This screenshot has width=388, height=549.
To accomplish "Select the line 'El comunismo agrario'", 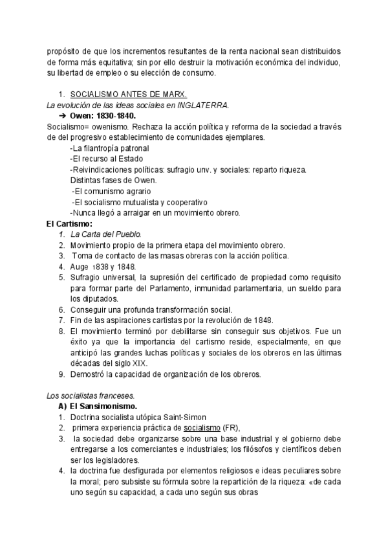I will click(x=111, y=192).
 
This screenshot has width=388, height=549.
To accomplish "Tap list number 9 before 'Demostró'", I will click(x=61, y=374).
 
